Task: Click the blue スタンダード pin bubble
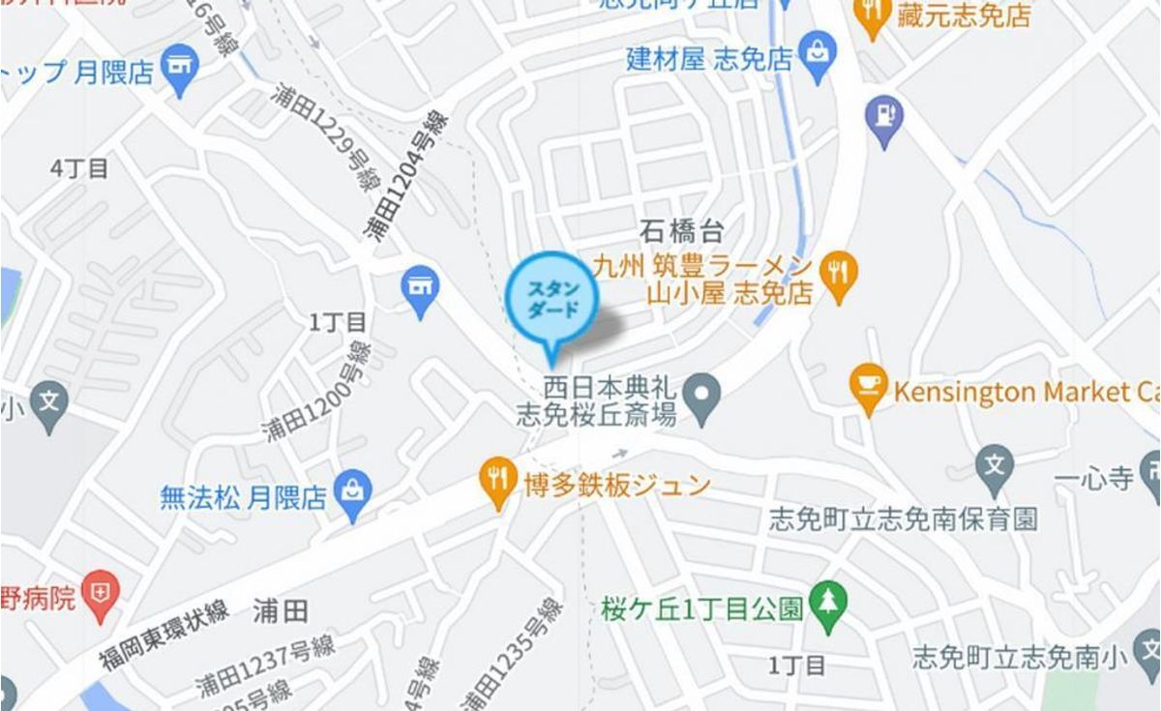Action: (551, 299)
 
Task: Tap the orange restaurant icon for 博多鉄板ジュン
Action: (497, 483)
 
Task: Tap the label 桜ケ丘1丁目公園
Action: (701, 609)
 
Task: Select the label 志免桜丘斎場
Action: (595, 415)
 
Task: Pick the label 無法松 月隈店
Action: (243, 498)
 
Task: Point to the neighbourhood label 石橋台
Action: (682, 230)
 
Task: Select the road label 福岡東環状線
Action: (163, 636)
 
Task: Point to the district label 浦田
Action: (281, 610)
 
